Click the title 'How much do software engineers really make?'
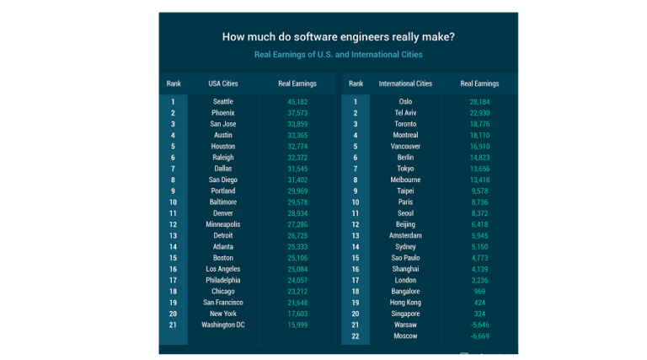coord(338,36)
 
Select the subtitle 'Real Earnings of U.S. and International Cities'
coord(338,55)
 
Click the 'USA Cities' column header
coord(223,83)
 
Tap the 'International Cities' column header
coord(405,83)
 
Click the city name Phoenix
coord(223,113)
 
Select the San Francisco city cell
coord(223,303)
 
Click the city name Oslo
coord(405,102)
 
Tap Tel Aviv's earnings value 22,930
coord(479,113)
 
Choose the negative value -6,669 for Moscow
coord(479,336)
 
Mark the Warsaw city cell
coord(405,325)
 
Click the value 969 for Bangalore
coord(479,291)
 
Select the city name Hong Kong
coord(405,303)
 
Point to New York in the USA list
coord(223,314)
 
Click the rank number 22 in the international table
coord(356,336)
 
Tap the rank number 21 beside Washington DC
coord(173,325)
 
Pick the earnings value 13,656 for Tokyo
coord(479,169)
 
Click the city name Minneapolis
coord(223,224)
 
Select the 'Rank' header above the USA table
coord(174,83)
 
